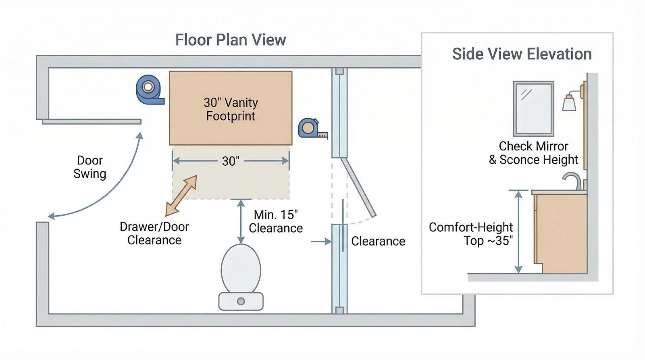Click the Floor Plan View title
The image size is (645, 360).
(x=230, y=40)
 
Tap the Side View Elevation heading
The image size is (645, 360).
(x=522, y=54)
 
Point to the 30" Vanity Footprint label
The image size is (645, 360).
(x=231, y=109)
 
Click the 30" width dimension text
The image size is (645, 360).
(x=231, y=161)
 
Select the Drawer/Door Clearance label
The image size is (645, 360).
(x=154, y=233)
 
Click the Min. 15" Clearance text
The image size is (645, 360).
(x=276, y=221)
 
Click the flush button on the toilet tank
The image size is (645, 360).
(x=241, y=301)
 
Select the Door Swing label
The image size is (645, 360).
(x=90, y=167)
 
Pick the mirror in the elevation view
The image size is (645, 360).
(x=533, y=108)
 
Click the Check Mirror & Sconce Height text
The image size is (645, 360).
(x=533, y=153)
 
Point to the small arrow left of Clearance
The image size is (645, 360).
(x=321, y=241)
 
